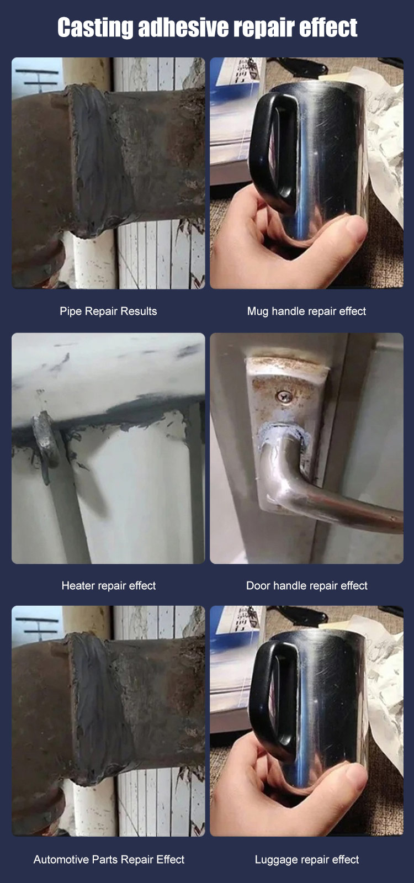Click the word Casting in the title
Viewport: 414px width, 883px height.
95,28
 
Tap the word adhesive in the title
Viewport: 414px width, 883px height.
184,28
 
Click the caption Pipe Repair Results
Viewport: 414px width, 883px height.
108,311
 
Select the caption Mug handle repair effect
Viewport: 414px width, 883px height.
306,311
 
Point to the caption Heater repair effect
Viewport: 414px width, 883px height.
109,586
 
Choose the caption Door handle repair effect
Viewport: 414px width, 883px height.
307,586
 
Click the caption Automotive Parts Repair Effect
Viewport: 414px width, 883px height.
109,859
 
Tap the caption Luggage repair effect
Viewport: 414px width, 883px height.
307,859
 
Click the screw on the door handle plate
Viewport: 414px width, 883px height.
284,396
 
